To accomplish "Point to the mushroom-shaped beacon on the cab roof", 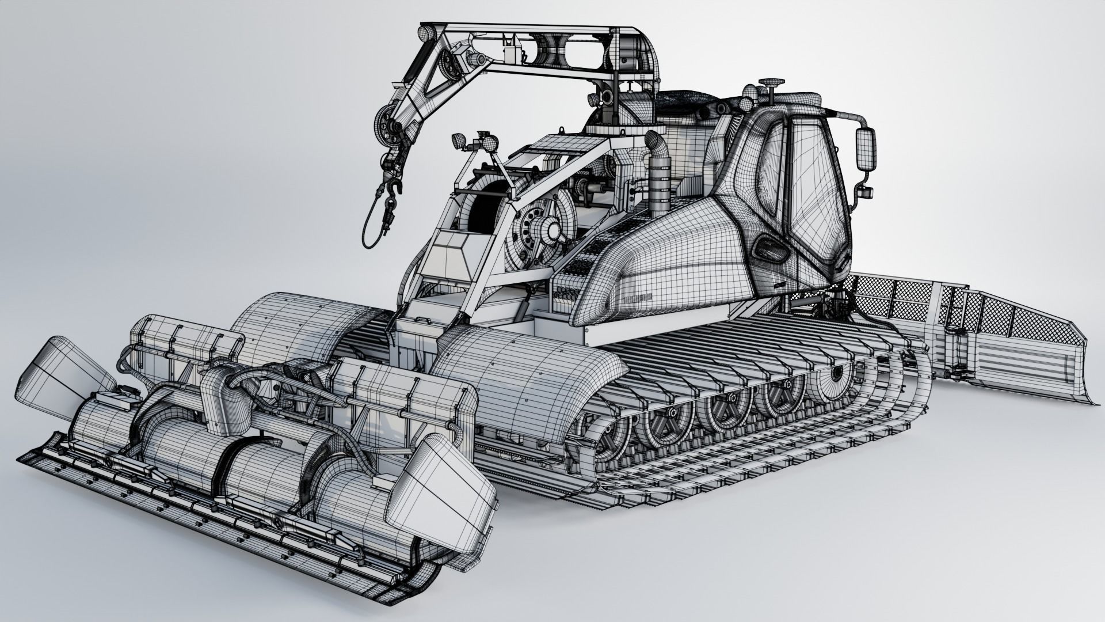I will click(769, 86).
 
